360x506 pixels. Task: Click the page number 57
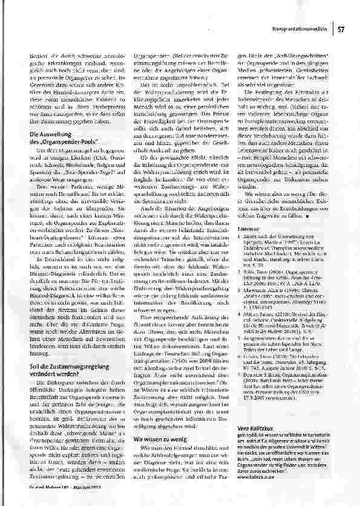(341, 28)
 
